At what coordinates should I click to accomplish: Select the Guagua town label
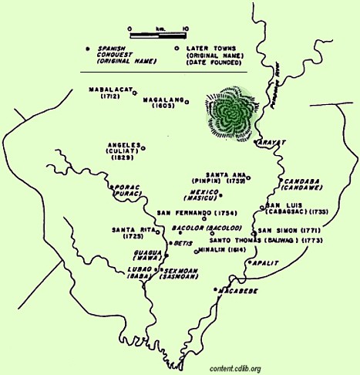point(144,251)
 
